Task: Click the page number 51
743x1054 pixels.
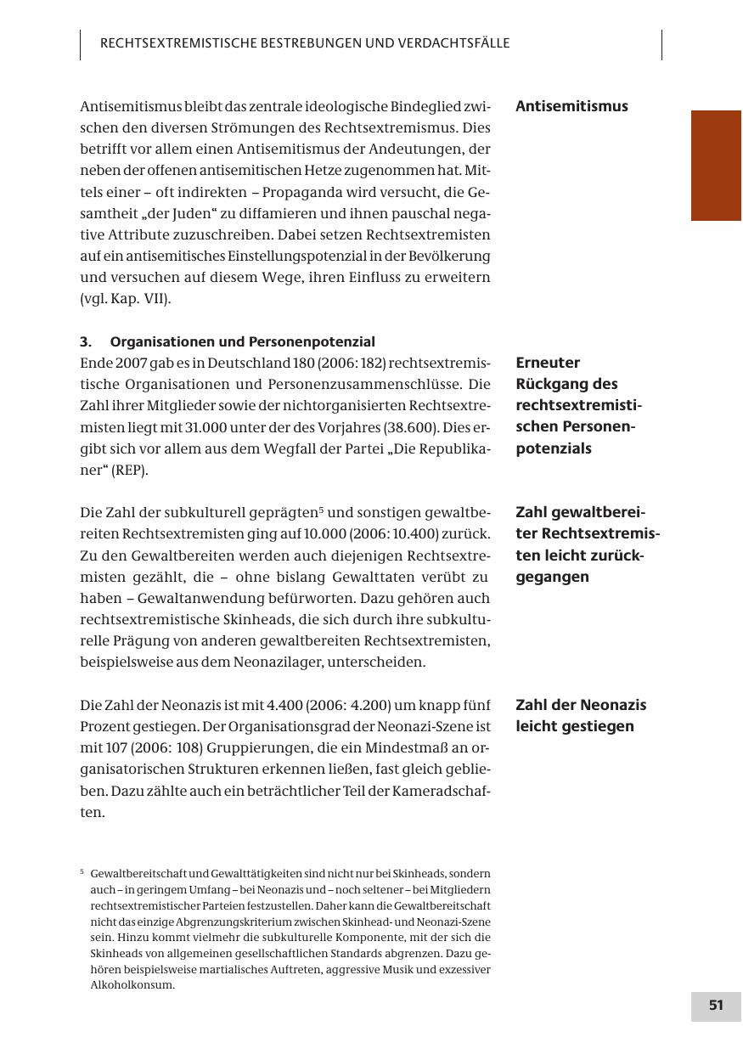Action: click(716, 1006)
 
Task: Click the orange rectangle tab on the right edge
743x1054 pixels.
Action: click(716, 166)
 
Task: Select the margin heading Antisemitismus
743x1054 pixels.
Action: click(571, 106)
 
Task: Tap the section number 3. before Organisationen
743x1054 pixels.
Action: click(86, 342)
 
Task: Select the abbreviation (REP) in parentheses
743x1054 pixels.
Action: click(130, 470)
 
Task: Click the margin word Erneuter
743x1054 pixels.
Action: click(548, 363)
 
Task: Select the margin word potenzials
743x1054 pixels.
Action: click(554, 448)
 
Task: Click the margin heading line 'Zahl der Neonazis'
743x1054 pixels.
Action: click(581, 705)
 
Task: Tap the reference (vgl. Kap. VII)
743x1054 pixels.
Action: click(126, 299)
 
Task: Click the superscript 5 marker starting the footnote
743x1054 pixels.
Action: click(82, 872)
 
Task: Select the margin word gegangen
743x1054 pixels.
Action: click(552, 578)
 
